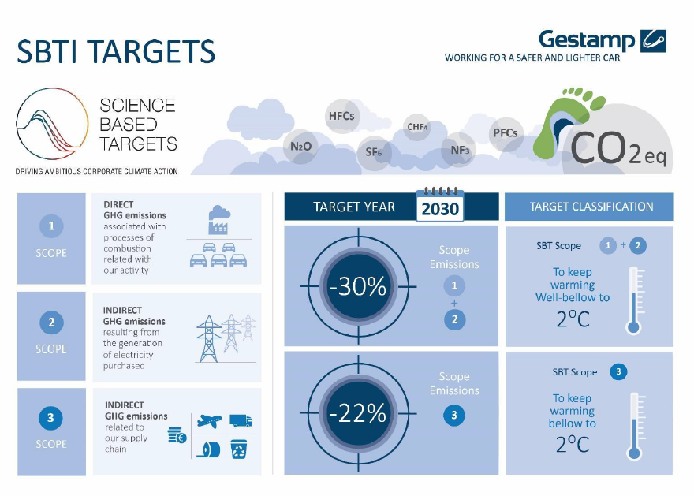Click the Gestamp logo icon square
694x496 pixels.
[653, 41]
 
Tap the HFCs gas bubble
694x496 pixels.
[341, 116]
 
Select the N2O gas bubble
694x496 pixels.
[301, 147]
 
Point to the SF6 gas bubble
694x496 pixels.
[374, 153]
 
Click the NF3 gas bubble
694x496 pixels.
[459, 150]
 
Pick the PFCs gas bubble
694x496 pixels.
[505, 132]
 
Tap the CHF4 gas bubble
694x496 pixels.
[417, 127]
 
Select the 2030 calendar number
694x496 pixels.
[440, 209]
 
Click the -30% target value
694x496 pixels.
[358, 287]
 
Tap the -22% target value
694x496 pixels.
[358, 413]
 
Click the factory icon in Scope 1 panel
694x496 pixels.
[219, 220]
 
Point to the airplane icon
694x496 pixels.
[209, 421]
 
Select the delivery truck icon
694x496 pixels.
[241, 420]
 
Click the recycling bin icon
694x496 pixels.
[240, 449]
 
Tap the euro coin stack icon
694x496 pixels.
[177, 435]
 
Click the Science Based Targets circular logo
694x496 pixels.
[53, 124]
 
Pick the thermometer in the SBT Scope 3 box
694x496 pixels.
[635, 427]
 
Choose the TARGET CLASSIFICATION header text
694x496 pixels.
[591, 207]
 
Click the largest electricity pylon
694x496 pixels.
[209, 339]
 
